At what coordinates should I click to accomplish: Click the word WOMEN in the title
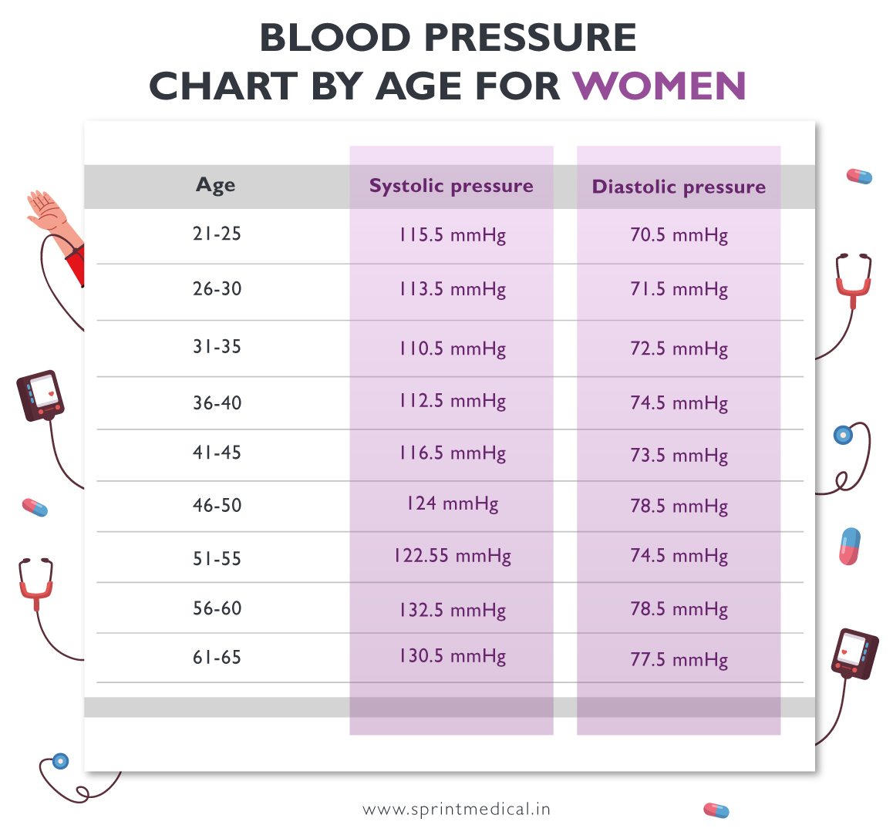[659, 86]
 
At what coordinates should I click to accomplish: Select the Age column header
[216, 185]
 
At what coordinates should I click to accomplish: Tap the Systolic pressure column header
[451, 186]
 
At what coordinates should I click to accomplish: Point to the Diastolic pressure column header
[679, 187]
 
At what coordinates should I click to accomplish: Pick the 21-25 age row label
[217, 234]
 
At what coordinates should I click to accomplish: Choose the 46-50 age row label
[217, 506]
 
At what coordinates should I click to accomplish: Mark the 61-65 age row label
[217, 658]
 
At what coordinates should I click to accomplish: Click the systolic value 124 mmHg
[452, 504]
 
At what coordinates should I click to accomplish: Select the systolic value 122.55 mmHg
[452, 556]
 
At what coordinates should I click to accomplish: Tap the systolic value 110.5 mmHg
[452, 348]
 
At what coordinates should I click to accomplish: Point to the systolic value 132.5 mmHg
[452, 610]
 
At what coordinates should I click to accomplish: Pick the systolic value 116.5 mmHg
[452, 453]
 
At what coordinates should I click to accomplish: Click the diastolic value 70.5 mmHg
[679, 235]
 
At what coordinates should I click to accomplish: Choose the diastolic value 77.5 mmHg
[679, 660]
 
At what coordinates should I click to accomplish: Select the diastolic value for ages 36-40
[679, 403]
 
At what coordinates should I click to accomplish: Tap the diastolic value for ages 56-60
[679, 609]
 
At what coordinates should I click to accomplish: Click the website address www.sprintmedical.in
[457, 810]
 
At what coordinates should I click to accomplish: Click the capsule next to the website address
[716, 810]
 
